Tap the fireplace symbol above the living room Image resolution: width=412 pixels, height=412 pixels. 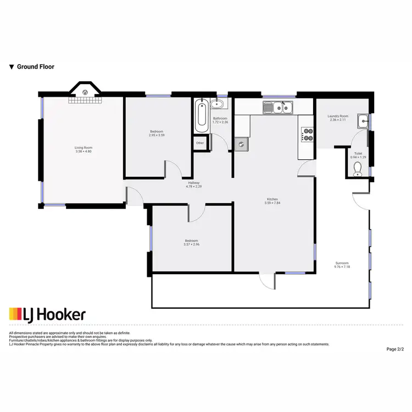[x=85, y=92]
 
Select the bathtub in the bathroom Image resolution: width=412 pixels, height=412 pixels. [x=201, y=115]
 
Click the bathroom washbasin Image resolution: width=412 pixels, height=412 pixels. [x=218, y=103]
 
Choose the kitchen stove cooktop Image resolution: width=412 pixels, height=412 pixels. [x=307, y=135]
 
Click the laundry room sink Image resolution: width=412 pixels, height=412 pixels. [x=363, y=120]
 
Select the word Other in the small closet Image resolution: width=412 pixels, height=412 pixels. [x=200, y=143]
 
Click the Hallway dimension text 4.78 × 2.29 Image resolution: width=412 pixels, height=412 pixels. [x=194, y=187]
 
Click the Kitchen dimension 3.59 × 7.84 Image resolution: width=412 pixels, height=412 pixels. [x=272, y=203]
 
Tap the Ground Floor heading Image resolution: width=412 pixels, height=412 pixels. [x=36, y=67]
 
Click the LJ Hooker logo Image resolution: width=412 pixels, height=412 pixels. [x=47, y=314]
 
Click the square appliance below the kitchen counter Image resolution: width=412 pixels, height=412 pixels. [x=241, y=144]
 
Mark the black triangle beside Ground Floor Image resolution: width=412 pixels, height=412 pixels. [x=12, y=67]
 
